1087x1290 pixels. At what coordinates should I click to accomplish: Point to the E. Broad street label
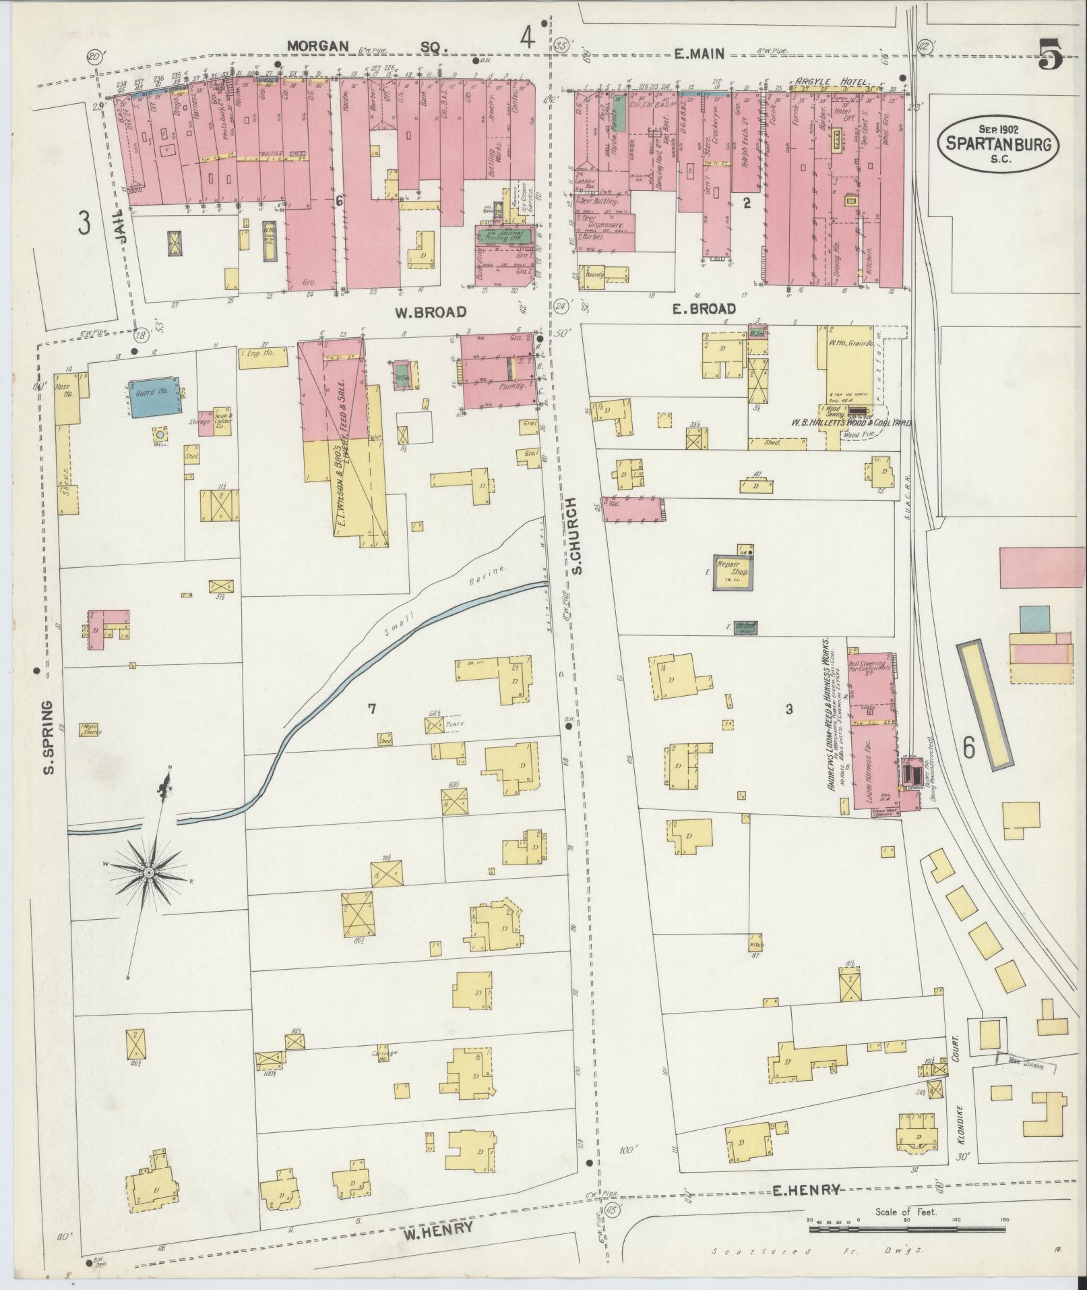pyautogui.click(x=704, y=309)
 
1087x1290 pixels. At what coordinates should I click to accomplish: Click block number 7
pyautogui.click(x=370, y=707)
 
